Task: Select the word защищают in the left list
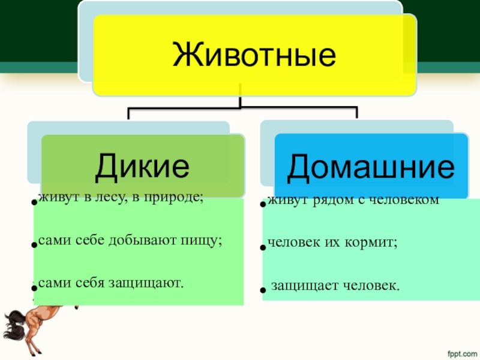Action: click(x=154, y=282)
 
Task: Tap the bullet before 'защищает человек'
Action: click(x=262, y=290)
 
